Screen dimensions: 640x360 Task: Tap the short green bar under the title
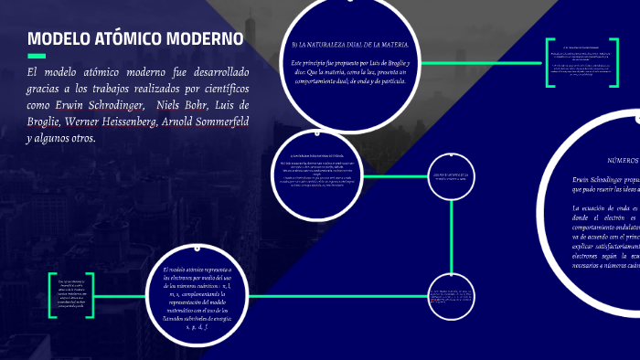tap(37, 56)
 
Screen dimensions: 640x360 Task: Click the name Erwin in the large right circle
tap(584, 179)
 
